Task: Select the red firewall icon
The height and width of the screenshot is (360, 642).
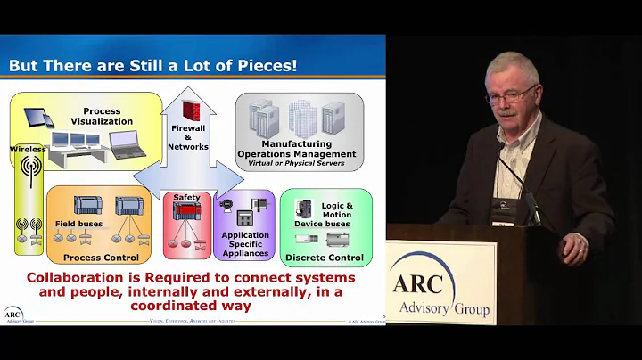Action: pyautogui.click(x=190, y=112)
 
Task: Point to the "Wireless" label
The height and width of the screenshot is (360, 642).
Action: pyautogui.click(x=28, y=150)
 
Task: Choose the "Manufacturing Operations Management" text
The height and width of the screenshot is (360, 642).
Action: pyautogui.click(x=297, y=149)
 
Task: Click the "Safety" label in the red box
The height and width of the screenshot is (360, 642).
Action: pyautogui.click(x=186, y=198)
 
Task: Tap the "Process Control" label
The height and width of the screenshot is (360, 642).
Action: pyautogui.click(x=100, y=258)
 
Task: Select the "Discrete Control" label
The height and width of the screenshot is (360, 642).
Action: pyautogui.click(x=325, y=258)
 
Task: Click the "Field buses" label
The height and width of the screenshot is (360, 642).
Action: pyautogui.click(x=78, y=224)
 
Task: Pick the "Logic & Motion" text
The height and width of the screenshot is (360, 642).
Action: pyautogui.click(x=336, y=210)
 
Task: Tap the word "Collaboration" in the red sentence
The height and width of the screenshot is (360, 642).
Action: pyautogui.click(x=74, y=277)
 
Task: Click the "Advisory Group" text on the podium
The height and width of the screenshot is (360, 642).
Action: pyautogui.click(x=448, y=310)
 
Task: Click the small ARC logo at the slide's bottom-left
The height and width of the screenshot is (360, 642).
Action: pyautogui.click(x=12, y=315)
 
